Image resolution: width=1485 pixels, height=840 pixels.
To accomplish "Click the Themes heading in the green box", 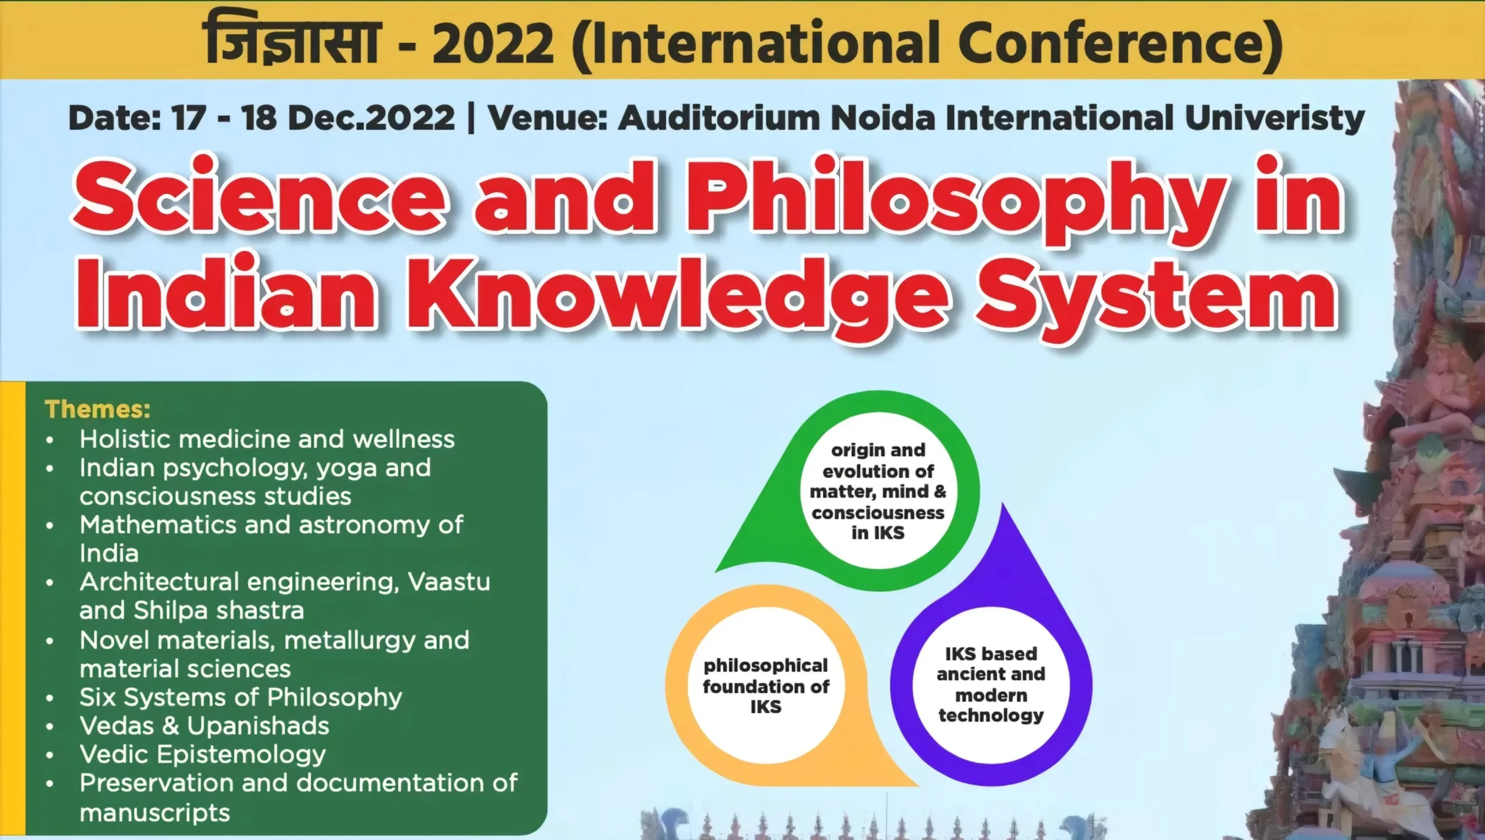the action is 97,409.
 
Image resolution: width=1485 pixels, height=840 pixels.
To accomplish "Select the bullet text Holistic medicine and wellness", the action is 267,439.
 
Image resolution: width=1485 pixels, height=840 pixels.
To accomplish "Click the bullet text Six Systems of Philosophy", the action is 241,697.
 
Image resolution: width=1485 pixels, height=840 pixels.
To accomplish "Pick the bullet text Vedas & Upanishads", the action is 204,726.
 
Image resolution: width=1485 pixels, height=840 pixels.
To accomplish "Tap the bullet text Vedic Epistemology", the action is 202,755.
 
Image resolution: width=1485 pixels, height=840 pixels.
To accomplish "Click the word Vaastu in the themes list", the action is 449,581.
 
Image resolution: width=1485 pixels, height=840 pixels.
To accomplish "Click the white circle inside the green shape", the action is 878,491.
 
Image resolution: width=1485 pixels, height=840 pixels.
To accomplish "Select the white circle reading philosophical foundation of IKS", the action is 766,686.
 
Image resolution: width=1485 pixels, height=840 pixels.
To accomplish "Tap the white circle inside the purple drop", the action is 991,685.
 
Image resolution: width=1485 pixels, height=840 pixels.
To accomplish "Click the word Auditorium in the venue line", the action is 719,118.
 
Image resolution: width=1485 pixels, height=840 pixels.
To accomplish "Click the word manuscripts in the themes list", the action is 155,813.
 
